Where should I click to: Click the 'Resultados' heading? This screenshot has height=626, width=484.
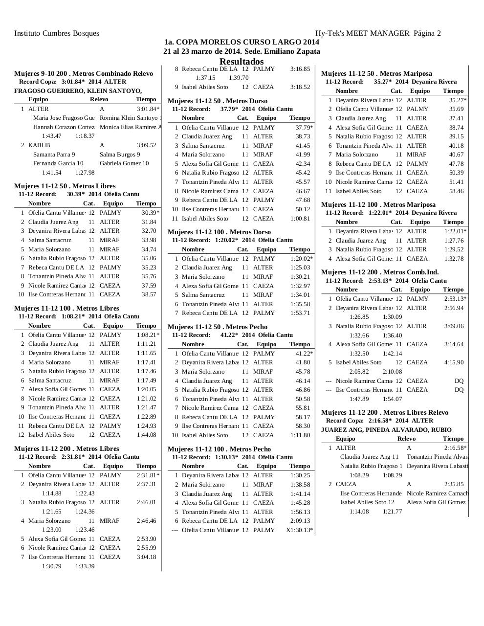[242, 62]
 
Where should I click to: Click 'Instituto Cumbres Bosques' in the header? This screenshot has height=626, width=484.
[57, 33]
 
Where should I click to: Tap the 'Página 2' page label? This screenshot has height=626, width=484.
[427, 33]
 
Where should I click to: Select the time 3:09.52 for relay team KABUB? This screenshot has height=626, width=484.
[146, 145]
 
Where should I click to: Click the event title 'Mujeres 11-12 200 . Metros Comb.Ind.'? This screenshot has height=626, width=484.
[379, 272]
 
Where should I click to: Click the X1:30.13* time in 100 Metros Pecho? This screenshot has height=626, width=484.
[299, 530]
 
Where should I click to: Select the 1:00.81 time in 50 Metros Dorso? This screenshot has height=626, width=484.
[300, 219]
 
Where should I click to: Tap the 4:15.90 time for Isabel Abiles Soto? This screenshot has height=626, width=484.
[453, 362]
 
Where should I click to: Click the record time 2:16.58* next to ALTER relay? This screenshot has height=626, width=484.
[455, 448]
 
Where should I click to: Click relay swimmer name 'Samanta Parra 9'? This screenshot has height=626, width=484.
[54, 155]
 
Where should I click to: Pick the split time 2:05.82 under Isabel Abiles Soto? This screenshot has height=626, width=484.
[359, 372]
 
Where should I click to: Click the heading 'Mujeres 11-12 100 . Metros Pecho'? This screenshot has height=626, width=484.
[219, 449]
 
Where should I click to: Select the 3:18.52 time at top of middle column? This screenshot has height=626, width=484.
[300, 87]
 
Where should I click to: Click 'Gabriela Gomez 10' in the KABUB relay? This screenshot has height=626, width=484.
[124, 163]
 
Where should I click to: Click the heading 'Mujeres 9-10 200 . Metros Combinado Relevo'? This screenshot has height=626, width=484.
[84, 73]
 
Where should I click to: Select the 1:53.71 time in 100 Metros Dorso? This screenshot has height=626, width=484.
[300, 313]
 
